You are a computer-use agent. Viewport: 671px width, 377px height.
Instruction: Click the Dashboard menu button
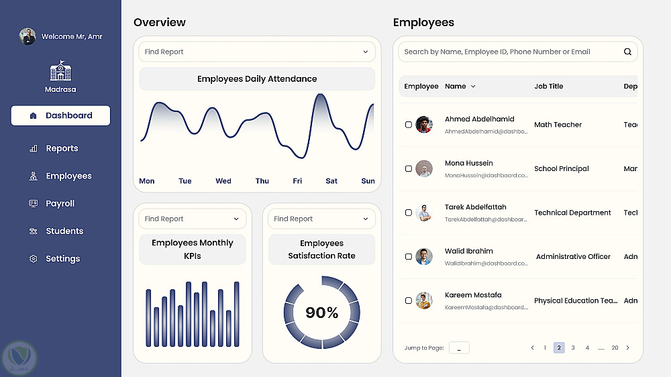coord(60,115)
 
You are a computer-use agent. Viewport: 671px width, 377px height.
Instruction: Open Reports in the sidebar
coord(62,148)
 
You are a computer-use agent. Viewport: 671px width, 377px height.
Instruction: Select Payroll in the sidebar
coord(60,203)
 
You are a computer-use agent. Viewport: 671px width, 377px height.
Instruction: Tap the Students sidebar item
coord(64,231)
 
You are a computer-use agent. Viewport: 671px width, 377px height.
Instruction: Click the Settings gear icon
coord(34,259)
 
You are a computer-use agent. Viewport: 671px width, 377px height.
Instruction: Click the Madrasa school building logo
coord(60,71)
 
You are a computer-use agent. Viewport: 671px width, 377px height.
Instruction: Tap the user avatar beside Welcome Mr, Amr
coord(28,36)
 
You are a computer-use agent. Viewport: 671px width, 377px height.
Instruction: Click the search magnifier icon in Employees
coord(627,52)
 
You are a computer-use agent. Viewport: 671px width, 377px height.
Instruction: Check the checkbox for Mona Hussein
coord(409,168)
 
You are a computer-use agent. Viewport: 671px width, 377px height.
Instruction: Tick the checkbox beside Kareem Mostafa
coord(409,301)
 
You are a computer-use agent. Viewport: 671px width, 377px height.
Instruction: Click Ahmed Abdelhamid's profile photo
coord(423,124)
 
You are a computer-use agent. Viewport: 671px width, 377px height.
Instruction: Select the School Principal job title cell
coord(561,168)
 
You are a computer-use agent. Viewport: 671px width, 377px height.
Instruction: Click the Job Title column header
coord(548,86)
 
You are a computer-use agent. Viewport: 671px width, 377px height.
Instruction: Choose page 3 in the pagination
coord(573,347)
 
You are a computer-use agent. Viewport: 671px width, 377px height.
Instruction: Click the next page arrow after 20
coord(628,347)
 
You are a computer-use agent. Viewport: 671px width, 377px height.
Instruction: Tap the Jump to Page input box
coord(459,347)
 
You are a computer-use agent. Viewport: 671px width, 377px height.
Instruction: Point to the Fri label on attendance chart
coord(297,181)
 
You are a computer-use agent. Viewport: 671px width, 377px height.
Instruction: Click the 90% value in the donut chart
coord(322,313)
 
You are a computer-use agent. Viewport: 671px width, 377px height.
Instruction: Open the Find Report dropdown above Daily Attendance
coord(257,52)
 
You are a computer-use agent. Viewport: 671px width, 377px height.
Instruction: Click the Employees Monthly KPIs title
coord(193,249)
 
